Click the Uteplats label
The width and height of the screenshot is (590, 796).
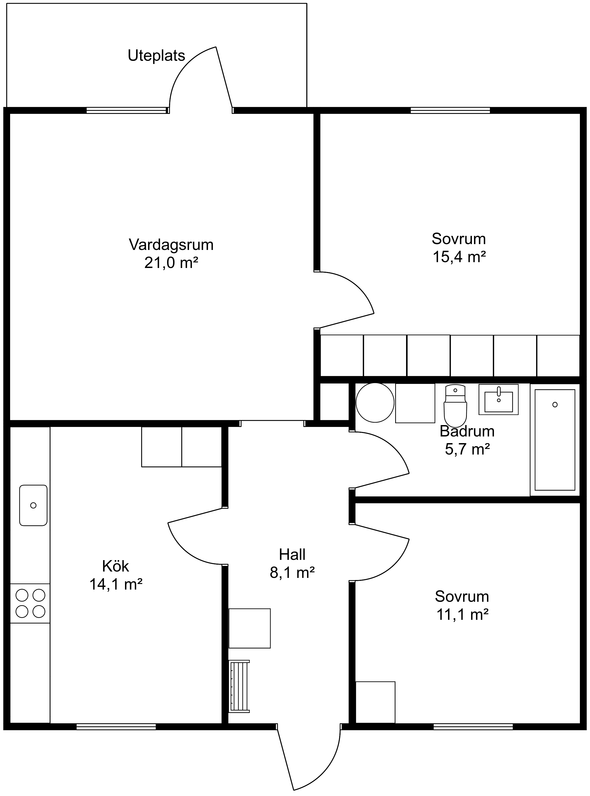(x=156, y=56)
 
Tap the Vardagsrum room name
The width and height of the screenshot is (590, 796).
(x=171, y=245)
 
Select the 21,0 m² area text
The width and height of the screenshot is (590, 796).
(x=171, y=263)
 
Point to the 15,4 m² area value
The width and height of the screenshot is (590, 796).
(x=459, y=257)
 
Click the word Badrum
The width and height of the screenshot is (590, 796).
(x=467, y=431)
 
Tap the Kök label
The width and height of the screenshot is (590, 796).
(x=115, y=566)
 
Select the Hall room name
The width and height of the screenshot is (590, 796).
(x=292, y=554)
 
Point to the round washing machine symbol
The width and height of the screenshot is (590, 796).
(x=375, y=402)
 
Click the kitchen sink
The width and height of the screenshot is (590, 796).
(x=33, y=505)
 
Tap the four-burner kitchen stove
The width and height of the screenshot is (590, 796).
(x=30, y=604)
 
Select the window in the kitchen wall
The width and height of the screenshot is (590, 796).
(x=116, y=726)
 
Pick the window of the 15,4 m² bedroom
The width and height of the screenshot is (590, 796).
(x=450, y=110)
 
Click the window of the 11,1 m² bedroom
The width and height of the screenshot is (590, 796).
(x=473, y=726)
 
